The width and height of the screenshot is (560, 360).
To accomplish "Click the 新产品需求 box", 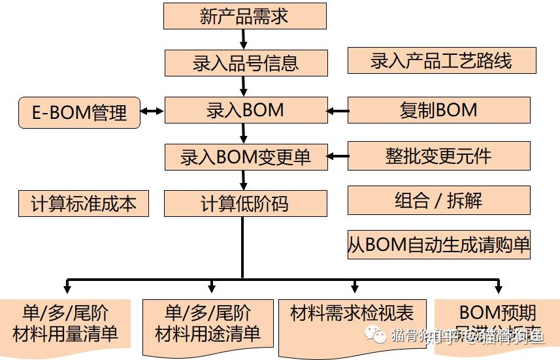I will [x=244, y=16].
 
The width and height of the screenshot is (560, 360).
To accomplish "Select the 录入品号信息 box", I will [x=245, y=63].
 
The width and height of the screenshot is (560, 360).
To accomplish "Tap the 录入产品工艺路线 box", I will [x=442, y=61].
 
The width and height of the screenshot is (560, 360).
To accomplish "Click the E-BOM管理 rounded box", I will [x=79, y=112].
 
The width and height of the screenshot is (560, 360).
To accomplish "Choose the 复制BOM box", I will [x=438, y=110].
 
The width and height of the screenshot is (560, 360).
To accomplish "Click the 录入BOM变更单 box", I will [x=246, y=157].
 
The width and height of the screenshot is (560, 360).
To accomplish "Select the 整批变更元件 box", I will [x=438, y=156].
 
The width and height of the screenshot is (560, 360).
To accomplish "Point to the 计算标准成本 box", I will [x=84, y=204].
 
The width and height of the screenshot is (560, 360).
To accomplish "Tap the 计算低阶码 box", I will [x=244, y=204].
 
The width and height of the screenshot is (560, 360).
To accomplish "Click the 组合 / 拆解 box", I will [x=438, y=201].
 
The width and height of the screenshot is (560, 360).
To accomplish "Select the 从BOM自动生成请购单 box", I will [x=438, y=245].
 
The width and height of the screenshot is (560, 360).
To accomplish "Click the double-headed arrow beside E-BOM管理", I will [x=152, y=112].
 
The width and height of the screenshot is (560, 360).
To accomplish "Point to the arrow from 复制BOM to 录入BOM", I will [x=338, y=111].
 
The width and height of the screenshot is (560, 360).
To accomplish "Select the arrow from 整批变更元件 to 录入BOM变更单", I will [x=338, y=156].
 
